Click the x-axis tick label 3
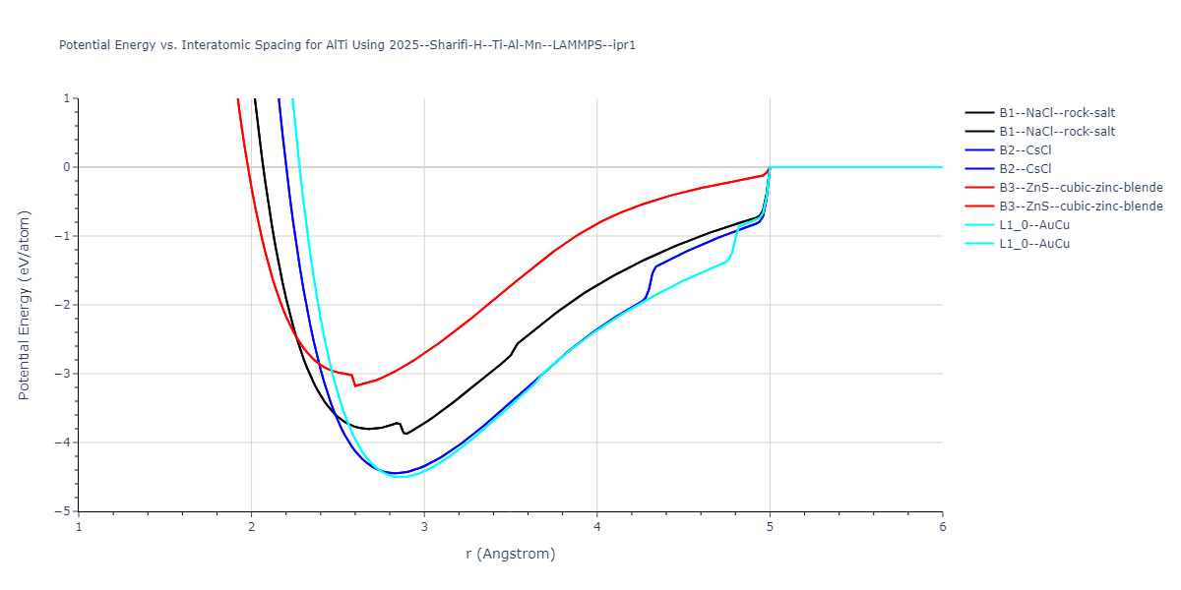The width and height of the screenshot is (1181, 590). (x=424, y=526)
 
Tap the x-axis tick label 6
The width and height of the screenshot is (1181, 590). (x=943, y=526)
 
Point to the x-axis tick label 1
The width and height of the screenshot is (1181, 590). (x=79, y=526)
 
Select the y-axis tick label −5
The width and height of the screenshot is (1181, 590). (x=64, y=511)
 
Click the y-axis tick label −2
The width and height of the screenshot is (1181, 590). (x=64, y=305)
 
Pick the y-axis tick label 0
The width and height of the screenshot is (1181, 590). (x=68, y=167)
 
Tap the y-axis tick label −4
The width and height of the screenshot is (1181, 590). (x=64, y=442)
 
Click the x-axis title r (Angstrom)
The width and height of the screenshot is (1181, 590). (x=511, y=554)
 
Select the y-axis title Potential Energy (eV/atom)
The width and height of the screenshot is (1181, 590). (x=25, y=305)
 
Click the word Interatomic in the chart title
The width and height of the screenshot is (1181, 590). (x=209, y=45)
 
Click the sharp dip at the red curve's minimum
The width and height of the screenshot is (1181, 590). (x=355, y=385)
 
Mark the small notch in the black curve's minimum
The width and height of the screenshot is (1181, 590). (x=404, y=433)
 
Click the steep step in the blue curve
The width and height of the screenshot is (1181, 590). (x=651, y=280)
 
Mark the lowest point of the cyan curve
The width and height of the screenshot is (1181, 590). (x=399, y=477)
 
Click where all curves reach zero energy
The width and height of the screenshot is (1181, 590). (x=770, y=167)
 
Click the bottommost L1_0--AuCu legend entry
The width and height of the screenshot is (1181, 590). (x=1033, y=244)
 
